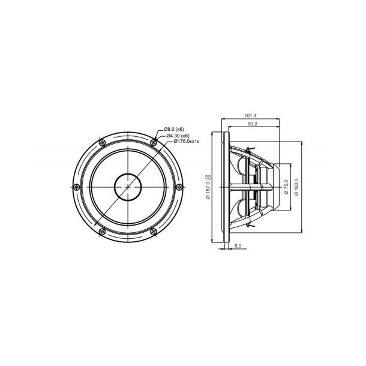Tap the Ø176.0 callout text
(x=181, y=142)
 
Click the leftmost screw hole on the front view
(x=76, y=186)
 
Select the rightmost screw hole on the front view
(x=179, y=186)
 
